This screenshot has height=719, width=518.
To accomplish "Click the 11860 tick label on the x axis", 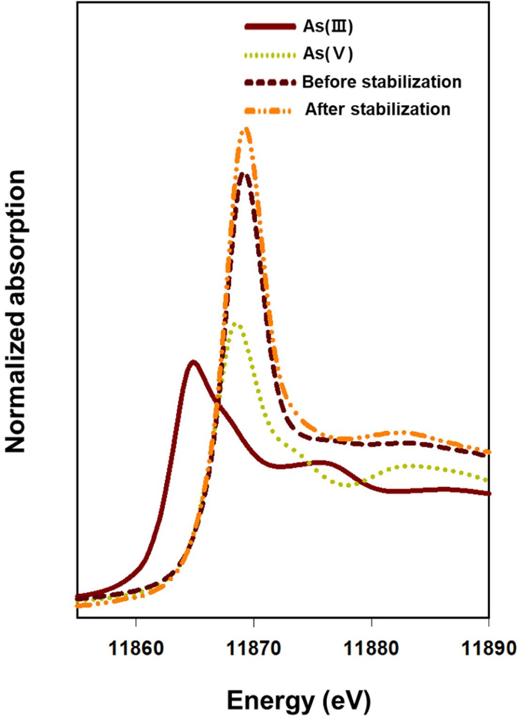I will point(136,648).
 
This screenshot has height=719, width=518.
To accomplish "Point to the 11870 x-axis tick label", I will point(254,648).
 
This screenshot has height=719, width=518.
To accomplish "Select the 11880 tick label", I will point(372,648).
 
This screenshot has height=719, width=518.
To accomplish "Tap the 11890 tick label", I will point(489,648).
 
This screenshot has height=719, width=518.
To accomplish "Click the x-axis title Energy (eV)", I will point(299,701).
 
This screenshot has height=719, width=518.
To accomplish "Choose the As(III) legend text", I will point(328,26).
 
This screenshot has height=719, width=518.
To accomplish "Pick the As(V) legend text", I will point(328,54).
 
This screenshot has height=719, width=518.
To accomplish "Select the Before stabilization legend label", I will point(382,82).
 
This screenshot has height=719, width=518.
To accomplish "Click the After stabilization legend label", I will point(378,109).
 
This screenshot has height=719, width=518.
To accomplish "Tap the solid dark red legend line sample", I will point(270,27).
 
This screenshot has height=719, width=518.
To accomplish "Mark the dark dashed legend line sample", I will point(270,82).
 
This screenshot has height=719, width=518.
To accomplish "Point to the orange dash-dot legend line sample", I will point(268,111).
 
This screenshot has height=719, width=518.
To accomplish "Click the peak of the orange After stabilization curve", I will point(246,129).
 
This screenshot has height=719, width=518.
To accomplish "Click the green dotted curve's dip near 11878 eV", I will point(348,485).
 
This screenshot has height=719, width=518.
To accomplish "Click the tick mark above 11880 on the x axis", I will point(372,622).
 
